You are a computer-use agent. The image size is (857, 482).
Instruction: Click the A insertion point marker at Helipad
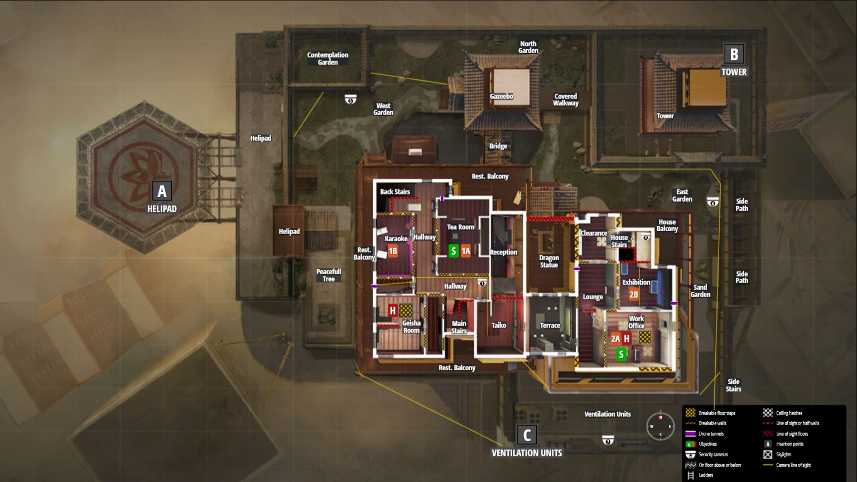(x=162, y=191)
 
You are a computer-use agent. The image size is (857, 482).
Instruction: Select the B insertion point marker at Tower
(x=734, y=54)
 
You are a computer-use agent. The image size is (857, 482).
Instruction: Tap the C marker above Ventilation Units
(x=527, y=435)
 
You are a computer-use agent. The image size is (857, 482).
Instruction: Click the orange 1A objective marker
(x=466, y=251)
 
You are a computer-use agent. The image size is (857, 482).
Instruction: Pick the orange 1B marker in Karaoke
(x=393, y=251)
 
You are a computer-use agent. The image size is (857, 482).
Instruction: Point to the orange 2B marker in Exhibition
(x=634, y=294)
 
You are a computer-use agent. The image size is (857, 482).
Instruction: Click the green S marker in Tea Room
(x=454, y=251)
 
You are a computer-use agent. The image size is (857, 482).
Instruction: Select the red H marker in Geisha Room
(x=393, y=311)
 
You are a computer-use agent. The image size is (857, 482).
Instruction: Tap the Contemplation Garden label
(x=328, y=59)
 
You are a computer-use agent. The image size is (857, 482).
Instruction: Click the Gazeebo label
(x=502, y=96)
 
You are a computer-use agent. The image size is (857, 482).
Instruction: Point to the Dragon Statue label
(x=549, y=261)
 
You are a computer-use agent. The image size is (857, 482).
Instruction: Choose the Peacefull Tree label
(x=329, y=275)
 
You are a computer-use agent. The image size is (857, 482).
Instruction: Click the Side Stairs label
(x=734, y=385)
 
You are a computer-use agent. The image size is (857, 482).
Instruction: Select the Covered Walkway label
(x=566, y=99)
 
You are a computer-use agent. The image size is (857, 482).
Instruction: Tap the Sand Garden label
(x=700, y=291)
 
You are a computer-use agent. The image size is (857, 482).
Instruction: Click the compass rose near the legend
(x=661, y=426)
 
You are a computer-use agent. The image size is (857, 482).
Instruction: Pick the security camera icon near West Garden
(x=350, y=99)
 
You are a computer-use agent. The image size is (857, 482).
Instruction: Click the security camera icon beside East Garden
(x=712, y=202)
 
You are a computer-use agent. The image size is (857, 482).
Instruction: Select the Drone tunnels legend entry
(x=711, y=434)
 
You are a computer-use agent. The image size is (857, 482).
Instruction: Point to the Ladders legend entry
(x=706, y=475)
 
